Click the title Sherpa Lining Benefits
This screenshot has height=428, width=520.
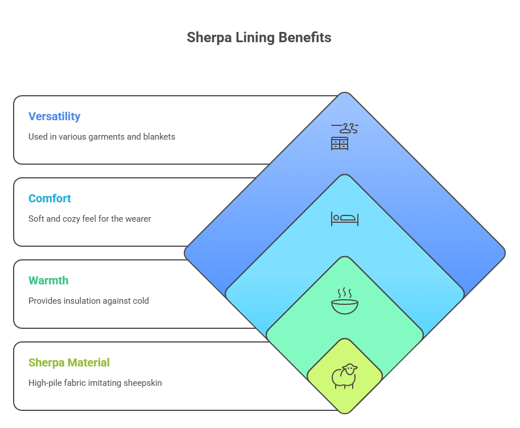[259, 38]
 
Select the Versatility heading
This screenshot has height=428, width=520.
[54, 116]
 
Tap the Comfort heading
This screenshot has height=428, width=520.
[49, 198]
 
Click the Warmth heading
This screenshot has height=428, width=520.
[48, 280]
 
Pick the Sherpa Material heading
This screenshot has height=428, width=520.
[69, 362]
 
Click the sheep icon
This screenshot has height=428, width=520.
[345, 376]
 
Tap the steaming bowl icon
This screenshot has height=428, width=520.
[345, 301]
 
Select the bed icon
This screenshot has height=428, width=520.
[345, 218]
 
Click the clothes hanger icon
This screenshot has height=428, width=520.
[345, 128]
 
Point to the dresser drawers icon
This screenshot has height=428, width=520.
[340, 144]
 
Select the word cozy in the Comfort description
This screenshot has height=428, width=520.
[79, 219]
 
